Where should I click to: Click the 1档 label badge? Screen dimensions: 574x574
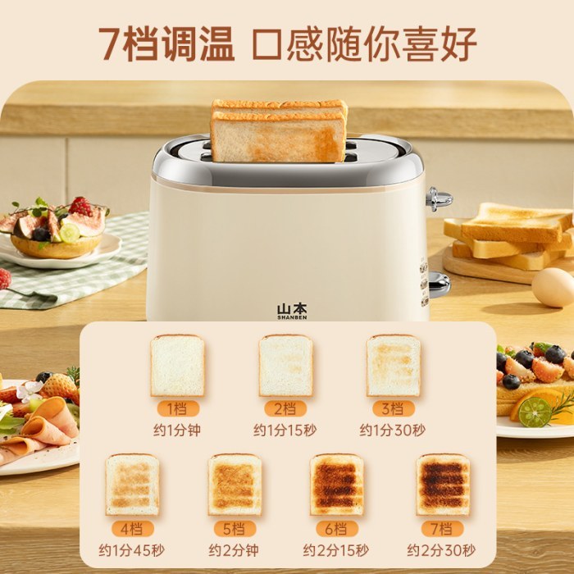coord(177,408)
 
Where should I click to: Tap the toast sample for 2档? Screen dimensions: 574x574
coord(286,366)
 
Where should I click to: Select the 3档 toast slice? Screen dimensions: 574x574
coord(394,366)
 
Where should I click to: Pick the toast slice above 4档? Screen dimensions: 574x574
coord(133,485)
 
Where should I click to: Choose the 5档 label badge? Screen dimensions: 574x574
coord(235,528)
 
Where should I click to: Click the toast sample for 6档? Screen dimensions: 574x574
coord(337,485)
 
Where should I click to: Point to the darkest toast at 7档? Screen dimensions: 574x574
coord(443,485)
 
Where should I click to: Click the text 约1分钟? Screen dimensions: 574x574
coord(177,430)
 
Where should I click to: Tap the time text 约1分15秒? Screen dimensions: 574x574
coord(286,430)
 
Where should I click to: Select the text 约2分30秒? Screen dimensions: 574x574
coord(441,549)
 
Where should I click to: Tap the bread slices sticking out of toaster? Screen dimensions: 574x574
coord(279,130)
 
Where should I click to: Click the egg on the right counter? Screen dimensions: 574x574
coord(553,288)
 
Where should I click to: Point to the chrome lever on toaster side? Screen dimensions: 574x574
coord(439,199)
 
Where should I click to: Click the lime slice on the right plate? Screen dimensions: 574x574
coord(535,412)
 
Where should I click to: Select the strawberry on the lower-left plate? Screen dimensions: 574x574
coord(58,385)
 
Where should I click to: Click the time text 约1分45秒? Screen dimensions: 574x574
coord(132,549)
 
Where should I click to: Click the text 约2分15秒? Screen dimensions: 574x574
coord(337,549)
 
